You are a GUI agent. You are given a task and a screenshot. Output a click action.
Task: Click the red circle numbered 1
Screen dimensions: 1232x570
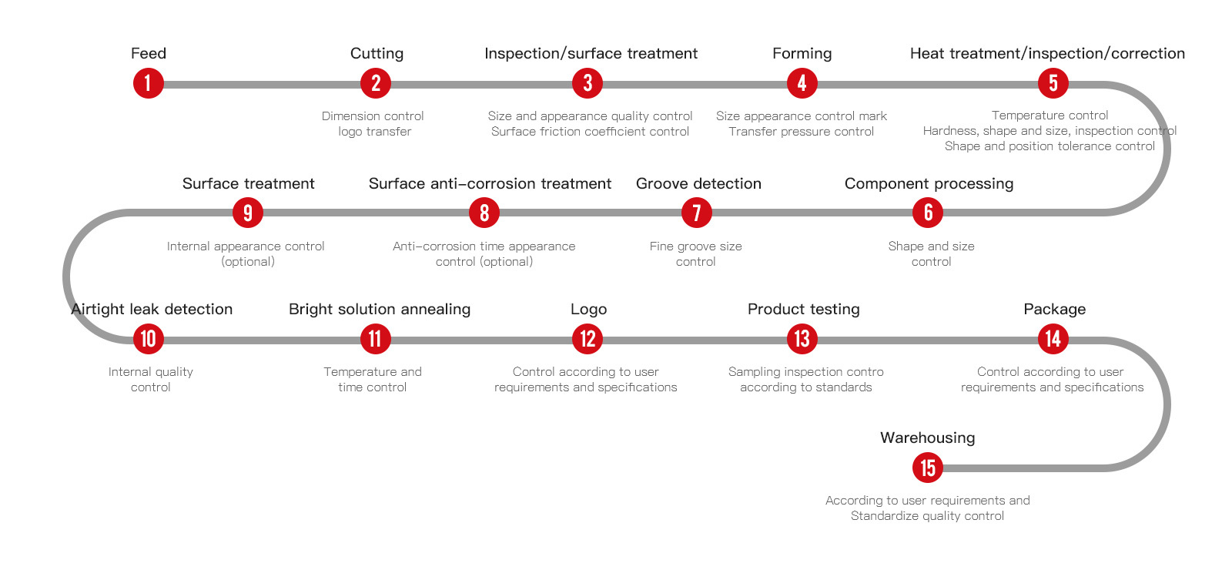(149, 84)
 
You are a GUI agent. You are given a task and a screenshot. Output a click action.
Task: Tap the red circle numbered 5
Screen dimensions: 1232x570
(1053, 84)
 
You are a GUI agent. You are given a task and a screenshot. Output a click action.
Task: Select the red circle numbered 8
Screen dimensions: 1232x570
(484, 213)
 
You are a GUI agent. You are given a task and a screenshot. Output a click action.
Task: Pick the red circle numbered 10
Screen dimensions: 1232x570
(149, 339)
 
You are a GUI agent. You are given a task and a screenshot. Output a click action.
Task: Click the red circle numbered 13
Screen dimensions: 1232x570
(802, 339)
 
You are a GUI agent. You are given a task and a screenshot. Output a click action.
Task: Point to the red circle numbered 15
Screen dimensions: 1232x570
(928, 468)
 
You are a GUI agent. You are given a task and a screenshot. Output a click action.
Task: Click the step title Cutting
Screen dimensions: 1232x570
(377, 54)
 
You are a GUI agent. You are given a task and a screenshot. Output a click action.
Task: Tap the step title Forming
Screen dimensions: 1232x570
(802, 54)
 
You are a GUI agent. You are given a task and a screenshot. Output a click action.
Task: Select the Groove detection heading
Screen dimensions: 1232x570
(698, 184)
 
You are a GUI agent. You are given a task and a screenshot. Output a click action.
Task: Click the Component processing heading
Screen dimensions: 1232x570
(929, 184)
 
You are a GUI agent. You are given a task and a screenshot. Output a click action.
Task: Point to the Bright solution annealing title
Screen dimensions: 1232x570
(380, 309)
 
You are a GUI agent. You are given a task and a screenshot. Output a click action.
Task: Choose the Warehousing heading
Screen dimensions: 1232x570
(927, 438)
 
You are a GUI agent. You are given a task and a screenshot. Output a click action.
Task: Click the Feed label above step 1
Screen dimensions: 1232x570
(149, 53)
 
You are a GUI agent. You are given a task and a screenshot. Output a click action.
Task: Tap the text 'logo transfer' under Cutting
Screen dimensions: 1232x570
(374, 132)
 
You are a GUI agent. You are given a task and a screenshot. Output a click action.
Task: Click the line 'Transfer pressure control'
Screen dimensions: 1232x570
(802, 132)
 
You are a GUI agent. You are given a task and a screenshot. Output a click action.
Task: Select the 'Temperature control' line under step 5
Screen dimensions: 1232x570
(1050, 116)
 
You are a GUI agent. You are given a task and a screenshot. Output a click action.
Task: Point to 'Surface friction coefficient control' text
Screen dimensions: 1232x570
(590, 132)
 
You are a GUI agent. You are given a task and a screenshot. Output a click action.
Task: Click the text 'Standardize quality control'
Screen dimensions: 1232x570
(927, 516)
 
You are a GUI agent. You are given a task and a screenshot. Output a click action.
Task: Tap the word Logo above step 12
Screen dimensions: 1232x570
(588, 309)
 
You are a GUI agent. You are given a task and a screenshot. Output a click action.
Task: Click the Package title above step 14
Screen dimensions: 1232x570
(1054, 309)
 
